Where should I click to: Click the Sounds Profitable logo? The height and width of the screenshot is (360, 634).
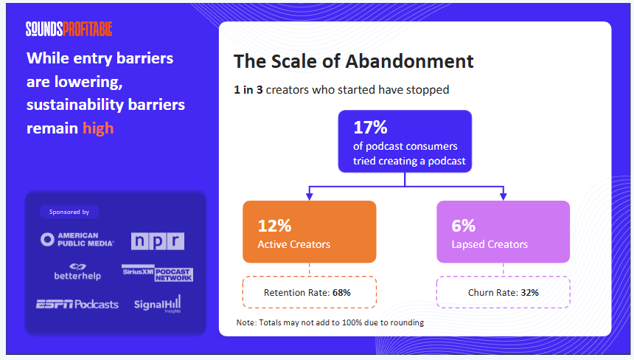(x=69, y=29)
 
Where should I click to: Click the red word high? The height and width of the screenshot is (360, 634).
(x=98, y=128)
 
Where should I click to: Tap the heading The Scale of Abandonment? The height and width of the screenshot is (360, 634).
(x=353, y=61)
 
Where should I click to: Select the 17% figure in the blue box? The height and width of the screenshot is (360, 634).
(x=370, y=127)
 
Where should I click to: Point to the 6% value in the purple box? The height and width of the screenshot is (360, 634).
(x=462, y=226)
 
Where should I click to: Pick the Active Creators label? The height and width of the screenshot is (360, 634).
(x=293, y=243)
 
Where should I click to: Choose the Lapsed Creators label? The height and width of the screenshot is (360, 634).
(x=489, y=243)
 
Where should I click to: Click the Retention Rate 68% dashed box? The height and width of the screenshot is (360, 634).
(x=310, y=292)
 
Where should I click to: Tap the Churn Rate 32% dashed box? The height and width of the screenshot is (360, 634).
(x=504, y=292)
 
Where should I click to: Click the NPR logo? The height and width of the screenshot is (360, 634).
(x=157, y=241)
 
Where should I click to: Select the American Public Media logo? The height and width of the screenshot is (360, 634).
(x=77, y=240)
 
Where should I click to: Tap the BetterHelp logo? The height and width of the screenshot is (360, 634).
(x=77, y=271)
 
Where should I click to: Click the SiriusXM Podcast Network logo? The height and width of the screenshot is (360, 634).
(x=157, y=272)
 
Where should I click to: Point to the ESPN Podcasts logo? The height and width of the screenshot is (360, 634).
(x=77, y=304)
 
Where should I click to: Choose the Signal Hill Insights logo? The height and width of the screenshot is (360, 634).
(x=157, y=304)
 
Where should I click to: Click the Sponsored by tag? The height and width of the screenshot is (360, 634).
(x=69, y=212)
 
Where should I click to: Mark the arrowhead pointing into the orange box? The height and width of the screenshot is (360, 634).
(x=310, y=196)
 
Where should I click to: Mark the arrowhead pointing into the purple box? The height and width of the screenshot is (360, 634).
(x=504, y=196)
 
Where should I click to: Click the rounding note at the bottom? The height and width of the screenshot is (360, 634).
(x=330, y=322)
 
